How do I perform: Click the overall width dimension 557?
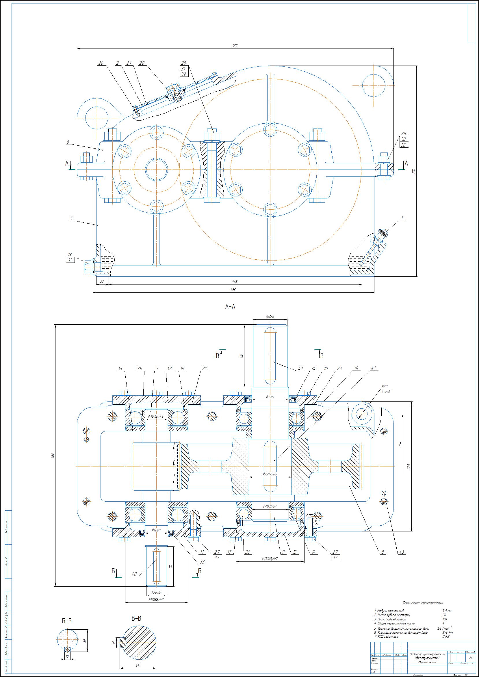pos(235,46)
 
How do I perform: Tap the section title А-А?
pos(230,307)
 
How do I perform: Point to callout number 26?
pos(101,63)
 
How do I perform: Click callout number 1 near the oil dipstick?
pos(402,218)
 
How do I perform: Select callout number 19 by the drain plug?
pos(70,254)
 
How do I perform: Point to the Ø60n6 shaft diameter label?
pos(270,317)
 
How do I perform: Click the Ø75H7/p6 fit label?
pos(270,474)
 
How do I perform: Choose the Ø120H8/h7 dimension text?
pos(270,559)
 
